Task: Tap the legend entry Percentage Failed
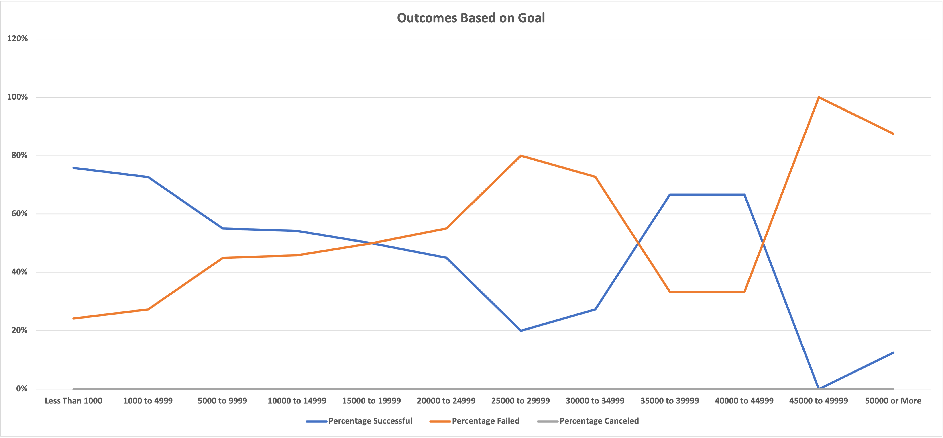click(x=485, y=421)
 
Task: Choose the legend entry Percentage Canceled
click(x=599, y=421)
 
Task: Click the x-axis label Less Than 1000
click(x=73, y=401)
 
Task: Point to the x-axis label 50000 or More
click(x=893, y=401)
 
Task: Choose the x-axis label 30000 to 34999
click(x=595, y=401)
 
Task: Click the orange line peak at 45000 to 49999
click(x=819, y=97)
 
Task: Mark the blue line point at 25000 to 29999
click(x=521, y=330)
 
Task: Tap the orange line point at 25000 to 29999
click(x=521, y=156)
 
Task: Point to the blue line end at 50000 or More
click(x=893, y=353)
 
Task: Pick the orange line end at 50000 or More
click(x=893, y=134)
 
